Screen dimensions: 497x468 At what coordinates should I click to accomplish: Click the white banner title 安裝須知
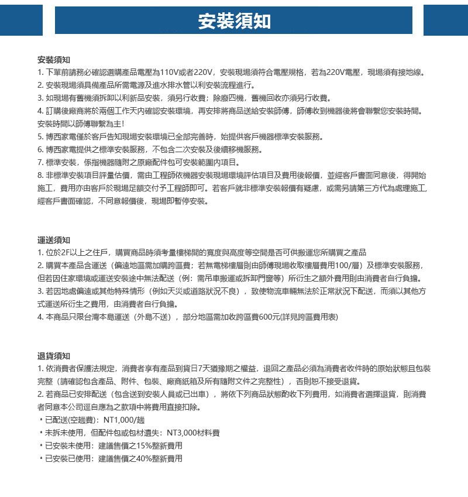pyautogui.click(x=234, y=21)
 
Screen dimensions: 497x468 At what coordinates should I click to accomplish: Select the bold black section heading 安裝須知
pyautogui.click(x=53, y=60)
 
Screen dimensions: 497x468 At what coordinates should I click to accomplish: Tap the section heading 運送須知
pyautogui.click(x=53, y=240)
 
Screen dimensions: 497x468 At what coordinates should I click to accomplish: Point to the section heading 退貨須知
pyautogui.click(x=53, y=356)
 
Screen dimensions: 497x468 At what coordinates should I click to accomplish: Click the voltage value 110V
pyautogui.click(x=169, y=73)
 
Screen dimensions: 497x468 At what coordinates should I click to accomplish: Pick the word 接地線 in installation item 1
pyautogui.click(x=411, y=73)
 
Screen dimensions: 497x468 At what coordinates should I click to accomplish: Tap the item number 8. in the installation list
pyautogui.click(x=40, y=175)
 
